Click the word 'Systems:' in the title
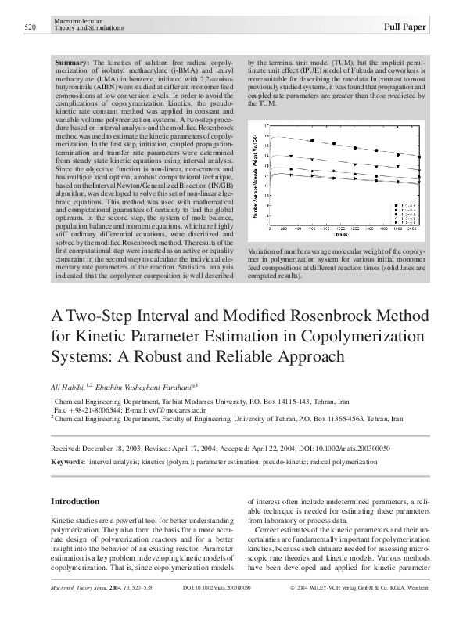[83, 357]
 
